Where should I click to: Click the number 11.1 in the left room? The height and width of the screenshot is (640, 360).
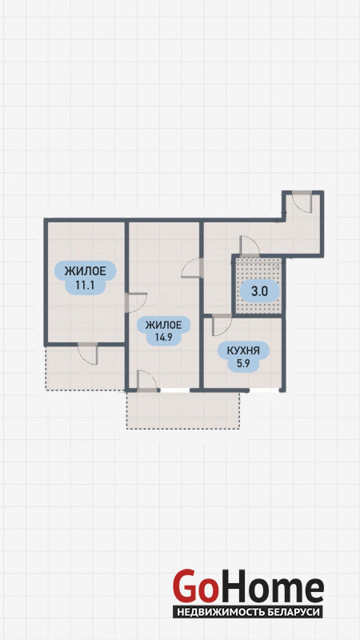[x=85, y=285]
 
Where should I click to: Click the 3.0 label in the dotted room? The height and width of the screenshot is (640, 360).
[x=259, y=291]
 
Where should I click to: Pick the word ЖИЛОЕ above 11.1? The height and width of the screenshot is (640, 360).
[x=86, y=270]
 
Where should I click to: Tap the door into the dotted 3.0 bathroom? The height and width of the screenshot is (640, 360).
[x=250, y=246]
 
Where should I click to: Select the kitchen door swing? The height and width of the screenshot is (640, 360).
[x=222, y=325]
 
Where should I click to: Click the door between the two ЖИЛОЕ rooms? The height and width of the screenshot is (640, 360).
[x=136, y=302]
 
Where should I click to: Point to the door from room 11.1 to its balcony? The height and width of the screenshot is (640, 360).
[x=88, y=354]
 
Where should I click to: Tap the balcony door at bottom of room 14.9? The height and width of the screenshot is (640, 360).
[x=147, y=381]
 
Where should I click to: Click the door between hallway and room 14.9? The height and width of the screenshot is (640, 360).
[x=192, y=268]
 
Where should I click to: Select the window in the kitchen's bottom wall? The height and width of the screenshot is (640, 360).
[x=264, y=390]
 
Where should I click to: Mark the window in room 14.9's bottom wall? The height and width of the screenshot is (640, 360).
[x=174, y=390]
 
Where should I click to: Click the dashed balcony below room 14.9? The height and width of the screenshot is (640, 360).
[x=182, y=410]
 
